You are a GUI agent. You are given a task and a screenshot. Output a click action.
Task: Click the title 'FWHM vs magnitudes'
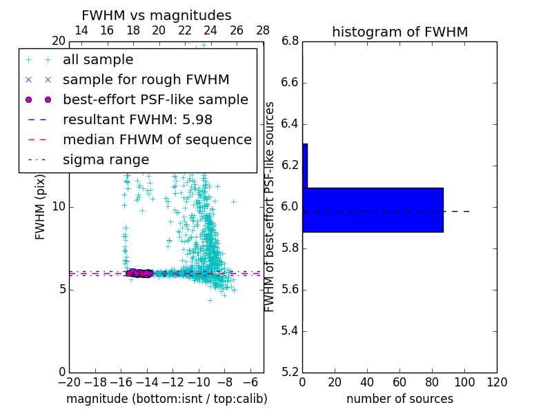[x=156, y=16]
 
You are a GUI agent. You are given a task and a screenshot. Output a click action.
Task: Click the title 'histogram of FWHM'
[x=400, y=32]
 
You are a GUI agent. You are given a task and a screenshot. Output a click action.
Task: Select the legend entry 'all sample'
[x=98, y=60]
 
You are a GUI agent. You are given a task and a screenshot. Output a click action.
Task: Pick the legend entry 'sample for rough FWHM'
[x=146, y=79]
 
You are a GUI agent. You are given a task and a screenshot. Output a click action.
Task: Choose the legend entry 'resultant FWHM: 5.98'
[x=137, y=119]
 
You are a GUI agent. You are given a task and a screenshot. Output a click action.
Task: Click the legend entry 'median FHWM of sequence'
[x=157, y=139]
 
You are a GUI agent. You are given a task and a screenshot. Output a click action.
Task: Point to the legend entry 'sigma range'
[x=106, y=159]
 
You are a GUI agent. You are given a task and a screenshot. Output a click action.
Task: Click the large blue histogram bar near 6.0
[x=373, y=210]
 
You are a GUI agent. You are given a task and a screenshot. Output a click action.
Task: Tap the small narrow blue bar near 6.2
[x=304, y=166]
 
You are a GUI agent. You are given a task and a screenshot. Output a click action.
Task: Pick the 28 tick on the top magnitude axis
[x=263, y=30]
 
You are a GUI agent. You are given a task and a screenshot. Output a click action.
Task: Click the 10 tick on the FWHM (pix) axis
[x=58, y=207]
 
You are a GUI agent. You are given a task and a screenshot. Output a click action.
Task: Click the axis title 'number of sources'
[x=400, y=399]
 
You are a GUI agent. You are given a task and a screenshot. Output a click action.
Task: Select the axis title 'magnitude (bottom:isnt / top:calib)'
[x=166, y=399]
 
